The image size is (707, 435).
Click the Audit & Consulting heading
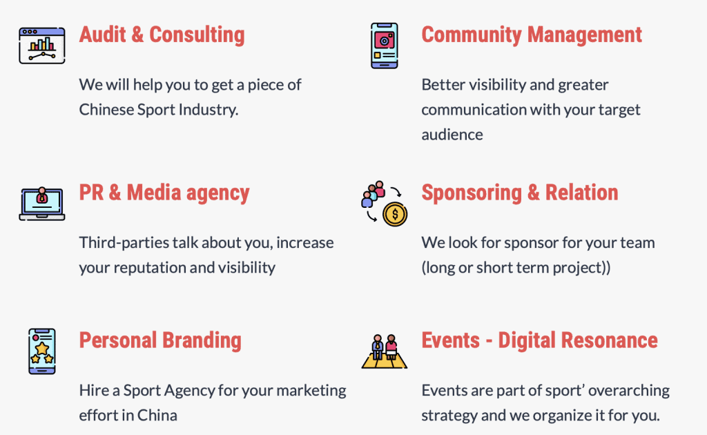(x=162, y=35)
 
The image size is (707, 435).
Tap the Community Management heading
(x=532, y=35)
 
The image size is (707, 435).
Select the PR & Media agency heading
(x=164, y=193)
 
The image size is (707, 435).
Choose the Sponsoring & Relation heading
(x=519, y=193)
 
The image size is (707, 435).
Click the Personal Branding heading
(x=160, y=340)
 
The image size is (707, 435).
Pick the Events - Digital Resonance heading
(x=539, y=340)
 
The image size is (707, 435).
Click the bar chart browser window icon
(x=42, y=46)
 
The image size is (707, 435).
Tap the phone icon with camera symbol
(x=384, y=46)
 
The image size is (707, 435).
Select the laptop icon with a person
(x=42, y=204)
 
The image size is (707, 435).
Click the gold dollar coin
(x=395, y=213)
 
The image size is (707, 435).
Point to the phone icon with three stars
(x=42, y=351)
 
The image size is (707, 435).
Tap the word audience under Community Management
(x=452, y=135)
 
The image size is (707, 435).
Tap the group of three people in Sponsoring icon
(x=374, y=194)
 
